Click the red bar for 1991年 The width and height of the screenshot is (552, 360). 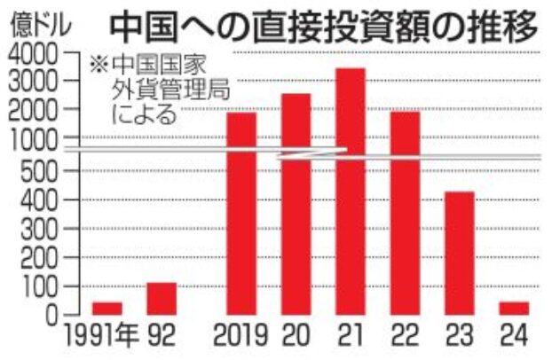tap(106, 309)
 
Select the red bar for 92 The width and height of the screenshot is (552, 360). tap(162, 299)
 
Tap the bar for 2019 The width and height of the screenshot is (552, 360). tap(241, 213)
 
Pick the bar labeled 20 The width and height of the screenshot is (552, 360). tap(296, 204)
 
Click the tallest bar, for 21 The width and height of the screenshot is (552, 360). tap(351, 191)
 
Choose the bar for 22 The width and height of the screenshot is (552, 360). tap(405, 213)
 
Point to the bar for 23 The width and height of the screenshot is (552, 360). tap(459, 253)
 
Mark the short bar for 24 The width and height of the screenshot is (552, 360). tap(513, 309)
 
